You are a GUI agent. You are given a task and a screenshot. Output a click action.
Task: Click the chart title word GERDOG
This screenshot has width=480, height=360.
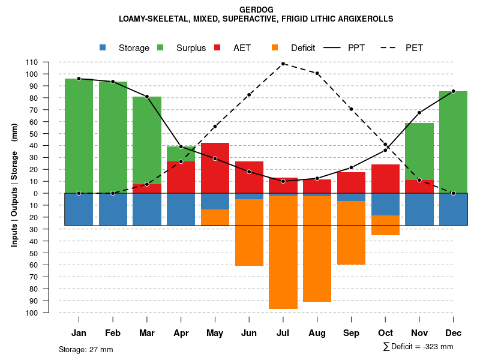click(x=256, y=10)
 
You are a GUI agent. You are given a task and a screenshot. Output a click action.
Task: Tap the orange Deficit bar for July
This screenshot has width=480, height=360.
click(x=283, y=252)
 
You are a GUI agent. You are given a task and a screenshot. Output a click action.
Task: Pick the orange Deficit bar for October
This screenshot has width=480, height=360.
click(x=385, y=225)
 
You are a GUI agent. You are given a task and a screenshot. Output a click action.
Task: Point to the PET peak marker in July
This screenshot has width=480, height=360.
click(x=283, y=64)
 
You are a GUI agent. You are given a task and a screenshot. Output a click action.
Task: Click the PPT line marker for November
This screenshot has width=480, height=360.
click(x=419, y=113)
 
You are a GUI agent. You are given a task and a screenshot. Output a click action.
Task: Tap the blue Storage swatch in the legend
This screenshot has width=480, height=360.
click(x=103, y=47)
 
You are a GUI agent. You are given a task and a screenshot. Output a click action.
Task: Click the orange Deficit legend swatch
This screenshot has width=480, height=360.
click(x=275, y=47)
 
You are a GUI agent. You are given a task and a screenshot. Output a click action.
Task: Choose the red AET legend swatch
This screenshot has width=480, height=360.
click(x=217, y=47)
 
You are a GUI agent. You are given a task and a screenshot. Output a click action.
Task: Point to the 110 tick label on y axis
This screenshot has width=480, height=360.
click(x=32, y=62)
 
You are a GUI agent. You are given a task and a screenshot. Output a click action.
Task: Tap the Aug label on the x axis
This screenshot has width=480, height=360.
click(x=317, y=333)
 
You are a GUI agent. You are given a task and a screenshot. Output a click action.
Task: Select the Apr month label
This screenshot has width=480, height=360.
click(x=181, y=333)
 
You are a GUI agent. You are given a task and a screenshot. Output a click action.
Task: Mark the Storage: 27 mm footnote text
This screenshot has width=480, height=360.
click(x=86, y=349)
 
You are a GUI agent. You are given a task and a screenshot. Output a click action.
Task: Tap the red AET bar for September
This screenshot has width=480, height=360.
click(x=351, y=182)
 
